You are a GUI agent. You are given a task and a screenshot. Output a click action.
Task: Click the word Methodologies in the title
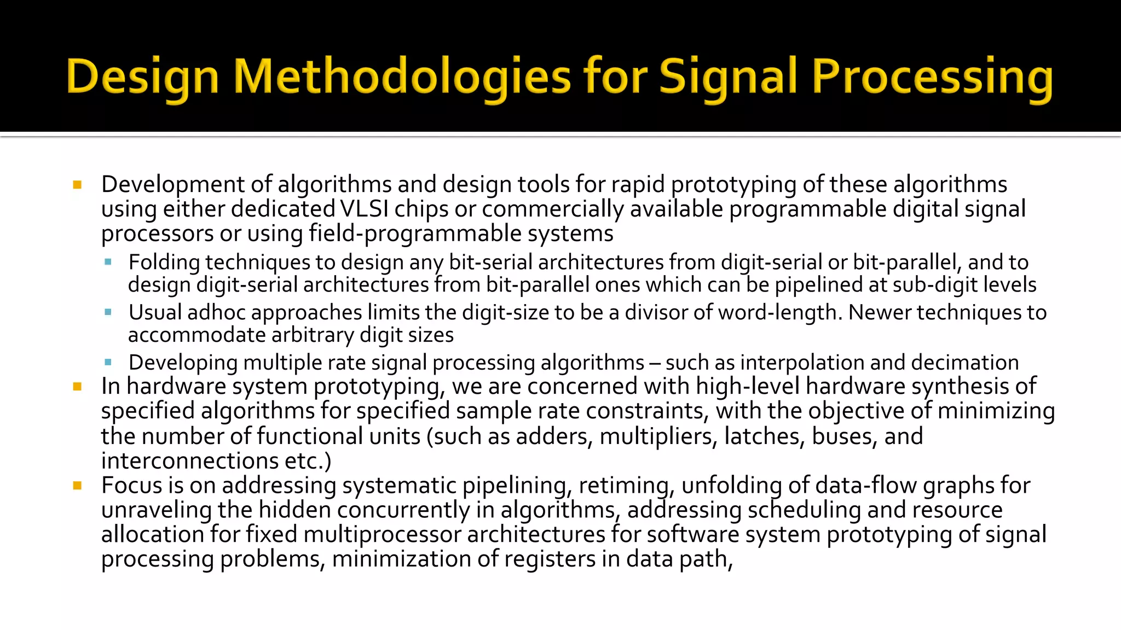pos(402,77)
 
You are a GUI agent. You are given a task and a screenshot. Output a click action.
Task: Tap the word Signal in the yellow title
pos(727,77)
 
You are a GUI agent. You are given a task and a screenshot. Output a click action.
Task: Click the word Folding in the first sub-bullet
pos(164,262)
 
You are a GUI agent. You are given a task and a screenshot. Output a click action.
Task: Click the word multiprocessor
pos(382,534)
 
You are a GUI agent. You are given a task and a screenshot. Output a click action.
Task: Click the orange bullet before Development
pos(77,185)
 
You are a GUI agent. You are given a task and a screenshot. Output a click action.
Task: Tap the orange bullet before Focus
pos(77,486)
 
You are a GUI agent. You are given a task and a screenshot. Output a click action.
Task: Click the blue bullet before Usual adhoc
pos(108,312)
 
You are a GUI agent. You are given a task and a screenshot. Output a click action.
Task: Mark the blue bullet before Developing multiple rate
pos(108,362)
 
